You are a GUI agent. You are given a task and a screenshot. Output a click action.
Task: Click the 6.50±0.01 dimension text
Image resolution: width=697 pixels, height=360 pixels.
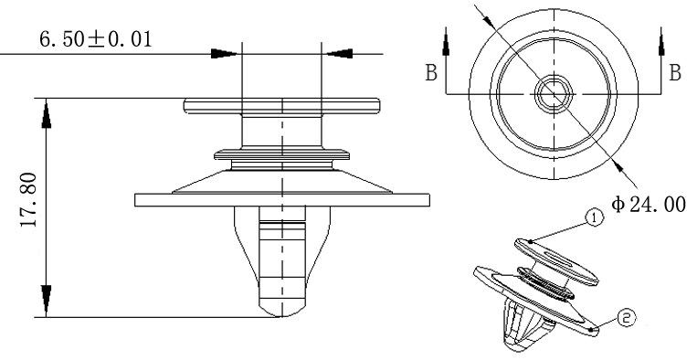pyautogui.click(x=96, y=39)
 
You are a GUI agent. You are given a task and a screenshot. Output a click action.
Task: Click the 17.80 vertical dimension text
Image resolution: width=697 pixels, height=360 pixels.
pyautogui.click(x=28, y=200)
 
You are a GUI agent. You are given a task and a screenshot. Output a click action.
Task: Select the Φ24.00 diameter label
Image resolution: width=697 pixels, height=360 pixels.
pyautogui.click(x=648, y=205)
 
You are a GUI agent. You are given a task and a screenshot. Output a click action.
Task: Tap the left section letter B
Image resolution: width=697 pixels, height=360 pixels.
pyautogui.click(x=431, y=72)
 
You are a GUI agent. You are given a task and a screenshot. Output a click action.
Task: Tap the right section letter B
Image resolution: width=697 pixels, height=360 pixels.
pyautogui.click(x=675, y=72)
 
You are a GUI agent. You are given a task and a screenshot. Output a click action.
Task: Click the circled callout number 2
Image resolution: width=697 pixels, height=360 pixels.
pyautogui.click(x=627, y=318)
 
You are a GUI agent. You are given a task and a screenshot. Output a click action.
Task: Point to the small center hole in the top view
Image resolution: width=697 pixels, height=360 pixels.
pyautogui.click(x=554, y=94)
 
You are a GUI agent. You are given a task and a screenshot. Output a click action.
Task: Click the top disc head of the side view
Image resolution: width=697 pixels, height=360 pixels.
pyautogui.click(x=282, y=106)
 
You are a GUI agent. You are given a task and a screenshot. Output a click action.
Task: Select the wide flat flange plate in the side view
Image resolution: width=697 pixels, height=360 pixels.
pyautogui.click(x=282, y=200)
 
